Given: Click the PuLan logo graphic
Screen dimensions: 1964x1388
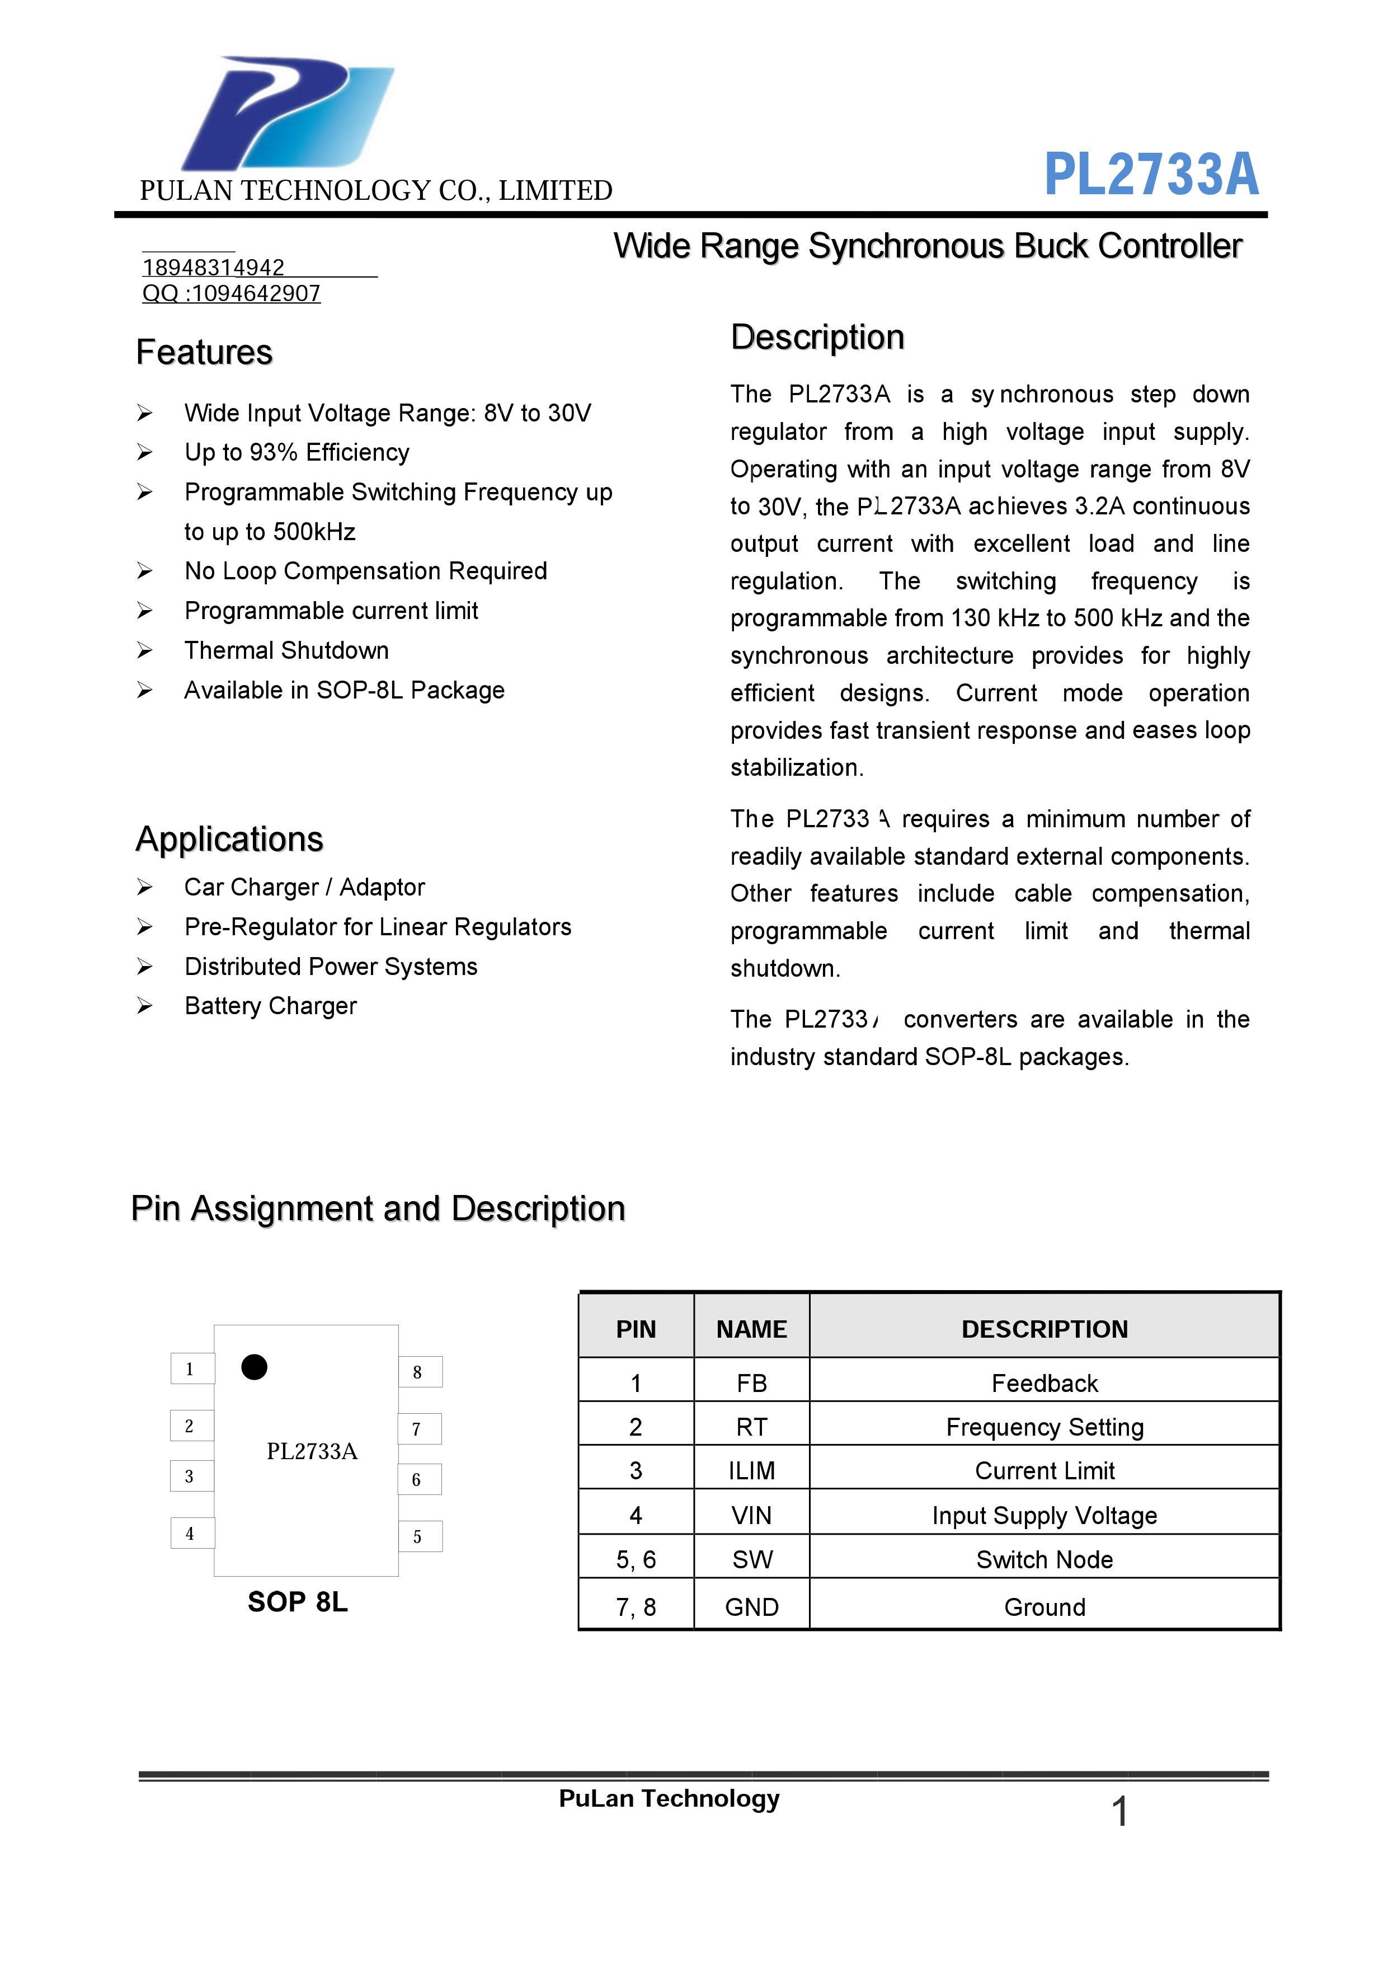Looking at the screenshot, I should (x=286, y=113).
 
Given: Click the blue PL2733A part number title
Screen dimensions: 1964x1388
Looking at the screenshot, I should (x=1151, y=175).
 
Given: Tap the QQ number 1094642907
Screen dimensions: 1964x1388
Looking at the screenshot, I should (x=231, y=293).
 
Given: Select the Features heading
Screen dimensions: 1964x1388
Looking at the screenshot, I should (x=204, y=353).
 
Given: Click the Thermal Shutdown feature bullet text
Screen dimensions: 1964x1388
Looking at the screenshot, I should (x=286, y=650).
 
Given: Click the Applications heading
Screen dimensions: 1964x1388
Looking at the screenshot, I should (x=229, y=839).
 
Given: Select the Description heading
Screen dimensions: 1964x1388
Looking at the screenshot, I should (x=817, y=337).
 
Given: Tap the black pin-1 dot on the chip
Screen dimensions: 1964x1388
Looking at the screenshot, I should (x=254, y=1367).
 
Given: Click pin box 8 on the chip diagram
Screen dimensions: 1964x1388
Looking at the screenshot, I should (x=419, y=1372).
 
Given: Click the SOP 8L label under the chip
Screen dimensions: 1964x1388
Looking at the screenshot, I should (x=298, y=1601).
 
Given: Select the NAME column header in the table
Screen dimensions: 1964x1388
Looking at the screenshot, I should (x=751, y=1328).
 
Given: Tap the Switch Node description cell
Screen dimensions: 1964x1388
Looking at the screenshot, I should (x=1044, y=1559).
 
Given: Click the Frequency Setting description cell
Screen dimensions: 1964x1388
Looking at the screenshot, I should (x=1044, y=1427).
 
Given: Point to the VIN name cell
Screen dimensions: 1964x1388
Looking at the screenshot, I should (x=751, y=1515).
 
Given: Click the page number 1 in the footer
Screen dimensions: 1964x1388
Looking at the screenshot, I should (x=1119, y=1812).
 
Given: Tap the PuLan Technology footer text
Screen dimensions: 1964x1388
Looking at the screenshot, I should (x=669, y=1799).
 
